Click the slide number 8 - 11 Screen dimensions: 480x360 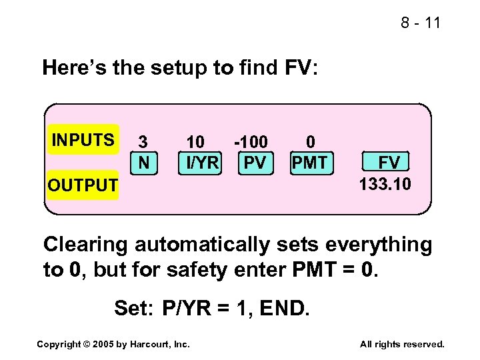click(421, 23)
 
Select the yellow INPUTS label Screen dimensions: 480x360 click(83, 140)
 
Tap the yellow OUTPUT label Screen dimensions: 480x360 click(82, 185)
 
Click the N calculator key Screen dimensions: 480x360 click(143, 161)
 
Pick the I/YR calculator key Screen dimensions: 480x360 click(199, 161)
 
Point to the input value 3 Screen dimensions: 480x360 click(143, 142)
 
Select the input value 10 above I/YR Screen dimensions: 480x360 click(195, 142)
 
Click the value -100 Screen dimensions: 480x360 click(251, 142)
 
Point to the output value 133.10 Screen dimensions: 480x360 click(385, 183)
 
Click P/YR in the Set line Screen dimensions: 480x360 click(189, 308)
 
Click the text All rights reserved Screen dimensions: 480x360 click(402, 344)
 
